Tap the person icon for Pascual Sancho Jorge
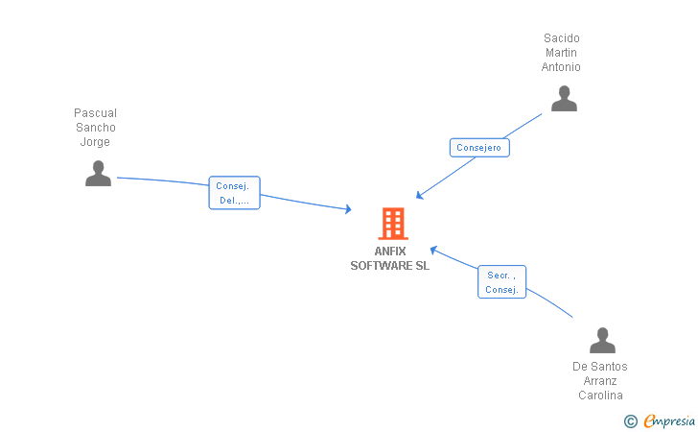(98, 174)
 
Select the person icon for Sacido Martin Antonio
(564, 99)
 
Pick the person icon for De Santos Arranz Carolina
(602, 341)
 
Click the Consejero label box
(478, 148)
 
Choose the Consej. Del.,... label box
(234, 193)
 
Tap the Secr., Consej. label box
(501, 282)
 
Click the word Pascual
(95, 113)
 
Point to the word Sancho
(95, 128)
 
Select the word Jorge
(95, 142)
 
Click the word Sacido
(561, 38)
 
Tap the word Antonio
(561, 67)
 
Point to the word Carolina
(600, 396)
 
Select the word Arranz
(600, 381)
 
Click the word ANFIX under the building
(390, 252)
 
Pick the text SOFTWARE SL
(390, 266)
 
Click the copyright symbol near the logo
(630, 420)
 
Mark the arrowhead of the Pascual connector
(349, 209)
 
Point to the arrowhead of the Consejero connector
(419, 197)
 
